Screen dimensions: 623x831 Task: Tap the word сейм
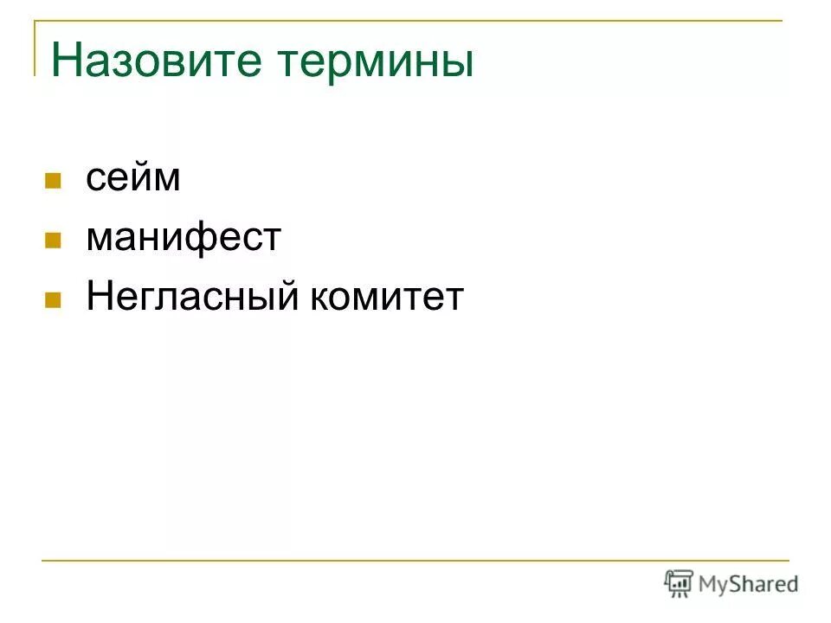coord(132,178)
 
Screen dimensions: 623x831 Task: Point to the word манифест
coord(184,237)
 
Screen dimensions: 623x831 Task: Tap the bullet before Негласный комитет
coord(53,301)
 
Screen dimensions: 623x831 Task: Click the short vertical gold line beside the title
coord(35,48)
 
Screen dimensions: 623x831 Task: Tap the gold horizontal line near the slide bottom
coord(415,561)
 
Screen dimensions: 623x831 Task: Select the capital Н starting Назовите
coord(66,61)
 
